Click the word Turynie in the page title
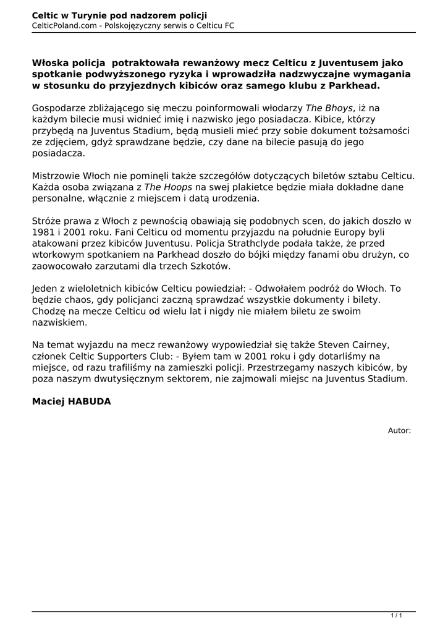click(89, 15)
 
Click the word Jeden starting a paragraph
click(46, 288)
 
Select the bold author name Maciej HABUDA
click(71, 402)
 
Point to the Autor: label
click(399, 430)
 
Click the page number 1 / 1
click(397, 615)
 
